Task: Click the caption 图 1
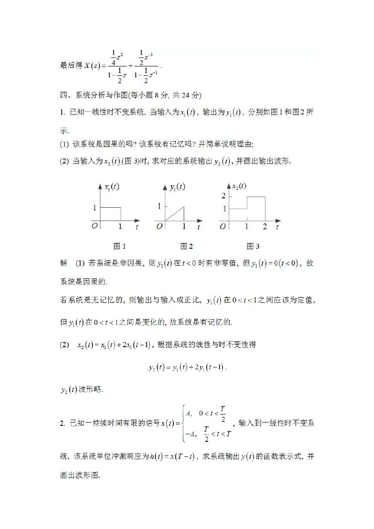click(x=120, y=246)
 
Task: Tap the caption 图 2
click(x=187, y=246)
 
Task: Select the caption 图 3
click(x=253, y=246)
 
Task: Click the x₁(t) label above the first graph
click(x=111, y=187)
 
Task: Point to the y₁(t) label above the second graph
click(x=177, y=187)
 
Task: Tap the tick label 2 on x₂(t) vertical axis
click(x=223, y=195)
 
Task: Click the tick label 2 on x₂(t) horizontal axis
click(x=265, y=227)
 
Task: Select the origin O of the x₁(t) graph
click(x=95, y=226)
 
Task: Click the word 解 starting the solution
click(x=64, y=263)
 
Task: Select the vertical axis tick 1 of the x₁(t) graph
click(x=94, y=207)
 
